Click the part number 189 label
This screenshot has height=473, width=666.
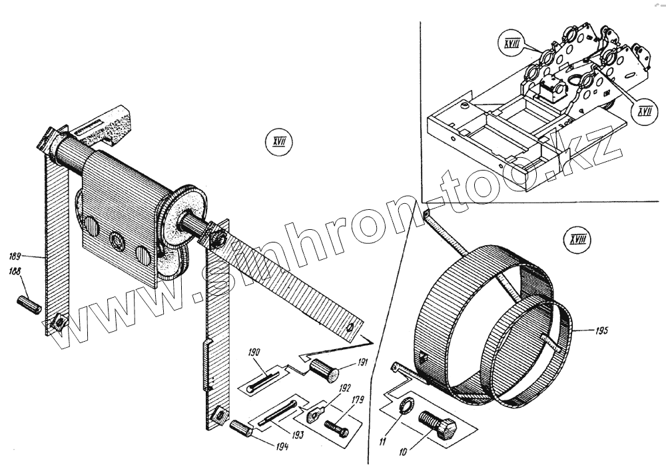coord(16,255)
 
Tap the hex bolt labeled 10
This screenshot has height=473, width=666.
coord(436,424)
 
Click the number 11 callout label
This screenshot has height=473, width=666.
coord(382,440)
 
